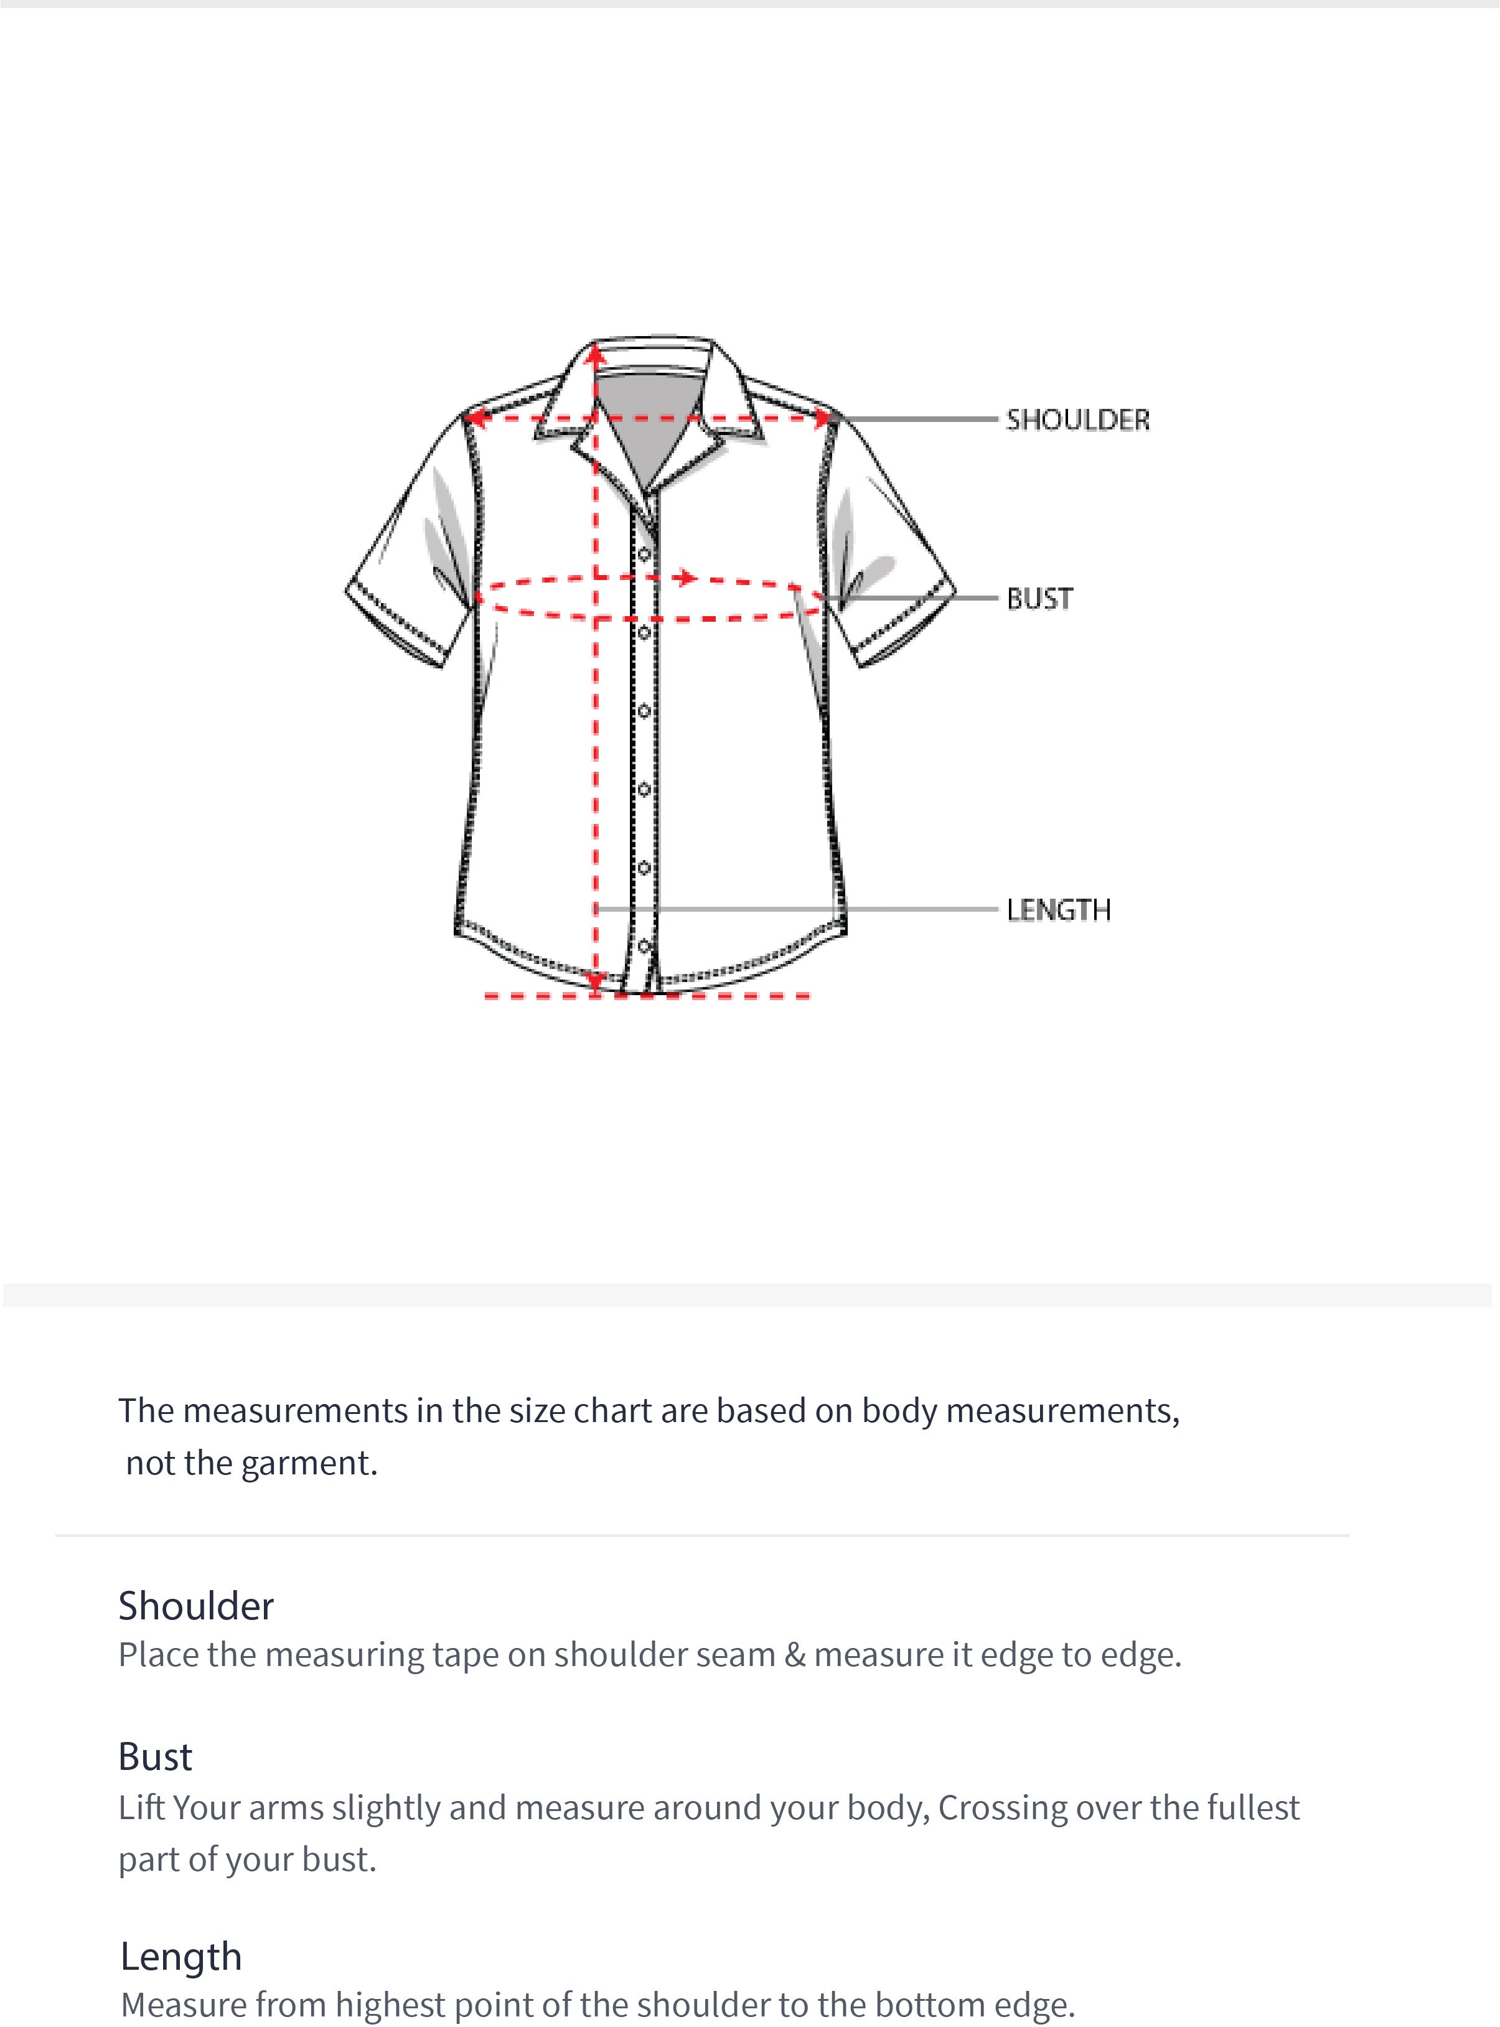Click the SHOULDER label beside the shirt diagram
coord(1077,420)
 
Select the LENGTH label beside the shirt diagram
coord(1058,909)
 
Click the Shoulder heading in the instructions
coord(196,1606)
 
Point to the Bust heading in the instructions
coord(155,1756)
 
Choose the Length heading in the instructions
coord(182,1956)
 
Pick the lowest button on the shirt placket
coord(644,947)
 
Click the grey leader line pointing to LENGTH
coord(817,909)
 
